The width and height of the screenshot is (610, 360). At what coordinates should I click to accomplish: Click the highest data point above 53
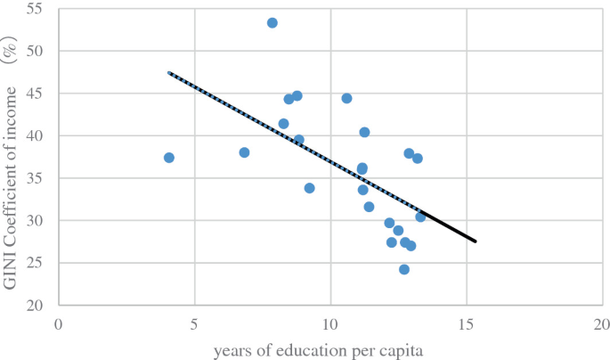(272, 23)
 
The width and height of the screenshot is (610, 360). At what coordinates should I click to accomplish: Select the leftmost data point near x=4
(169, 158)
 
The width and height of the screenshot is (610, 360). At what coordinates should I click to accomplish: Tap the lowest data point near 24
(404, 269)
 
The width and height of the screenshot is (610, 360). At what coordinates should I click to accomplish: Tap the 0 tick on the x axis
(59, 323)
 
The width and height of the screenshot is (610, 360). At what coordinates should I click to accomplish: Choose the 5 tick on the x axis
(195, 323)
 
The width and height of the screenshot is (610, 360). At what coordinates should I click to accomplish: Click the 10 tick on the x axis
(330, 323)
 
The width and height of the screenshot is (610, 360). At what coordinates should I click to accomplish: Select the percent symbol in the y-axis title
(12, 54)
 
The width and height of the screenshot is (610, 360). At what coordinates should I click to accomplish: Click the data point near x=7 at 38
(244, 152)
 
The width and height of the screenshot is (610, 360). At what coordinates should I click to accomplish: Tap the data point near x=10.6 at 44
(346, 98)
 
